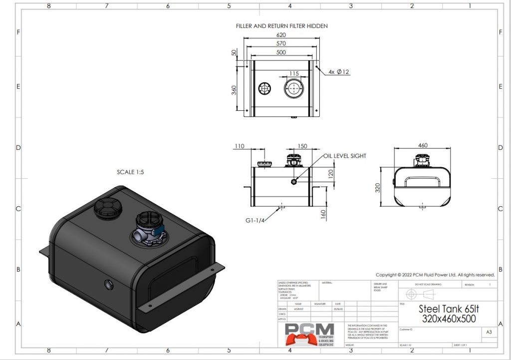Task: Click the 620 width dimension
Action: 281,35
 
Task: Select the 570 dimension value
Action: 281,44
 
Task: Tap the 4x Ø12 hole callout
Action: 339,72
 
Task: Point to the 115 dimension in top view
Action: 294,74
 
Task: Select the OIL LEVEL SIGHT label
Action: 344,156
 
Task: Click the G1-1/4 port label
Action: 255,220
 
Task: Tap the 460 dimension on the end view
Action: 422,145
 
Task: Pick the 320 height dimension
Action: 378,188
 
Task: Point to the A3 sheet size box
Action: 489,331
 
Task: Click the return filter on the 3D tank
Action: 148,227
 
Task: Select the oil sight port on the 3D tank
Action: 108,285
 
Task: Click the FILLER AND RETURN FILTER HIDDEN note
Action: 281,26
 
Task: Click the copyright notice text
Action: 435,275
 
